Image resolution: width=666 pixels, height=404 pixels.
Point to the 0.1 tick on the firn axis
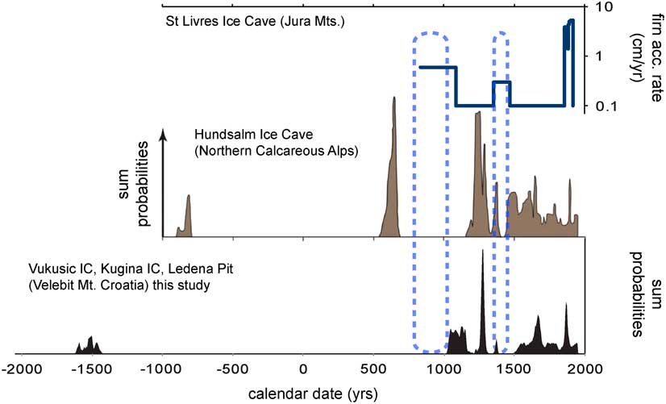point(605,106)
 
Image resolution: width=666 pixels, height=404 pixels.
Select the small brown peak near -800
point(189,202)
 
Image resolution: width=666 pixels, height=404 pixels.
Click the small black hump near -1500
point(90,343)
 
